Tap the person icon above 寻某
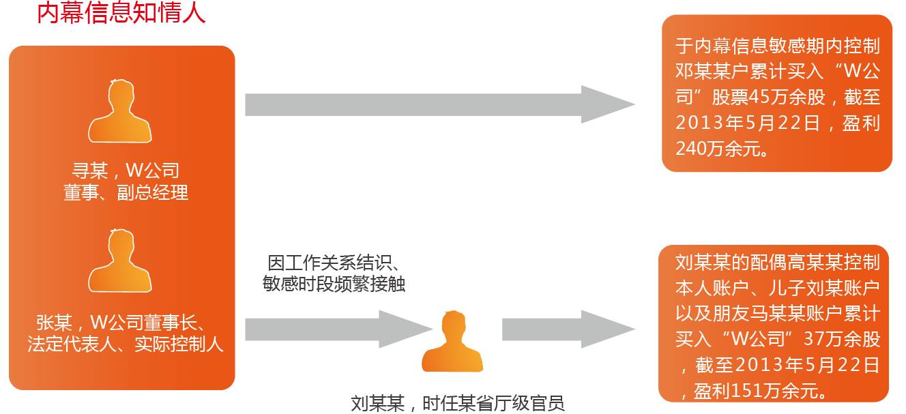click(119, 112)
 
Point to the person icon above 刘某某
click(452, 342)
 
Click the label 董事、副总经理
click(126, 193)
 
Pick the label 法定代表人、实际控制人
click(126, 344)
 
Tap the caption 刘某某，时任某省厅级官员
click(458, 403)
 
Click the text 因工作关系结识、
click(334, 263)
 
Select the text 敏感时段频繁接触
click(334, 284)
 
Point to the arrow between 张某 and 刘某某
click(338, 329)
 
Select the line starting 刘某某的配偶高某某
click(777, 262)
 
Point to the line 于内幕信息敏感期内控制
click(777, 46)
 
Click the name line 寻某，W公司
click(126, 171)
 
